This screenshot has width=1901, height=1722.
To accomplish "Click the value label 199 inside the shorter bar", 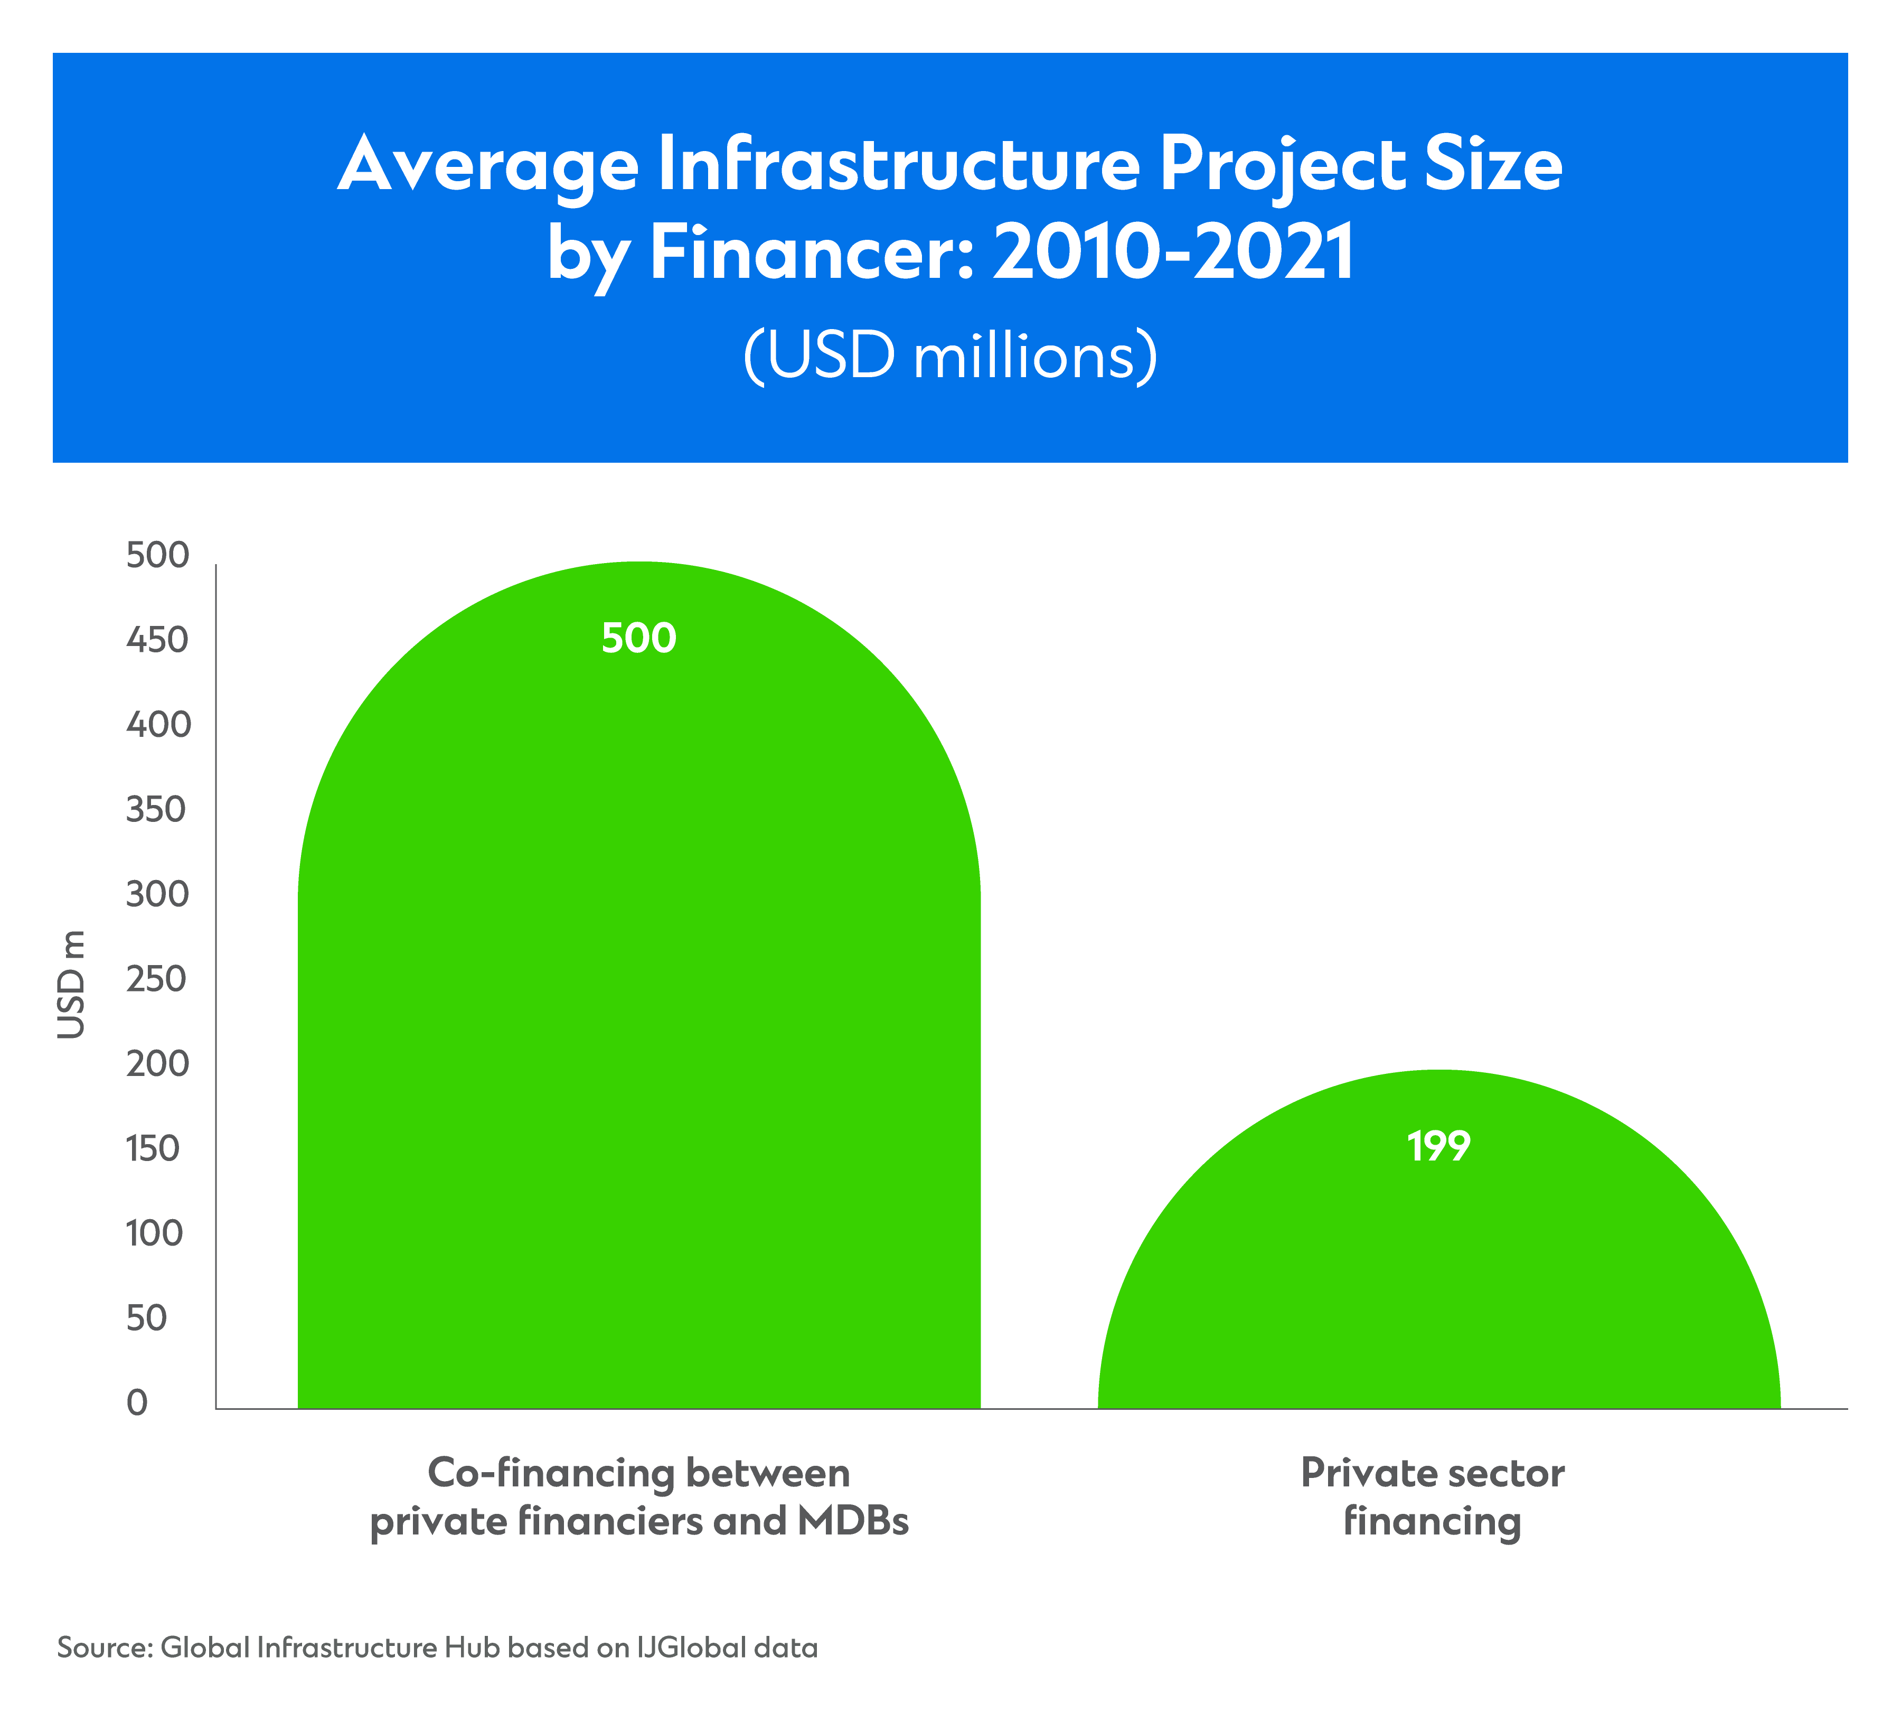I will coord(1438,1147).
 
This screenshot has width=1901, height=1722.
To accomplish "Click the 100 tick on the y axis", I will coord(154,1233).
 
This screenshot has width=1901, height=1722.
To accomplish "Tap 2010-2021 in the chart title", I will coord(1174,252).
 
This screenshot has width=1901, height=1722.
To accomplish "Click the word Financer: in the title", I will coord(811,252).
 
